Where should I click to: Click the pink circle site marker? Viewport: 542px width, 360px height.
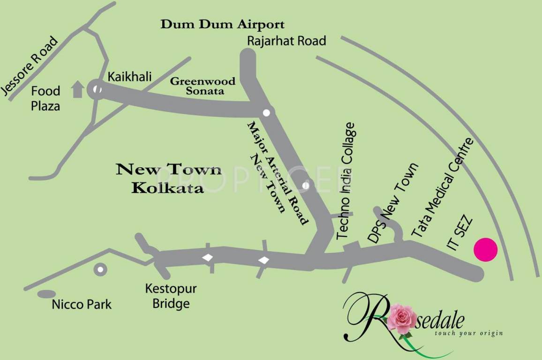coord(485,249)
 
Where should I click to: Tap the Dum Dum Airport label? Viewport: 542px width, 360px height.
coord(223,24)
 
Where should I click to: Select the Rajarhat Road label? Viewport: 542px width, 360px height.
coord(286,41)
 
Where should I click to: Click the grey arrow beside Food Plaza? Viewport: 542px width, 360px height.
coord(77,89)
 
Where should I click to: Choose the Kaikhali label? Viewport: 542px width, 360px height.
coord(130,76)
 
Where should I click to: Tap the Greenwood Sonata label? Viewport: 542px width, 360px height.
coord(203,86)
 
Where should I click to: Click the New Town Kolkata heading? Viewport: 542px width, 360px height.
coord(168,178)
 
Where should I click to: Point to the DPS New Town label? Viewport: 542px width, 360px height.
coord(392,202)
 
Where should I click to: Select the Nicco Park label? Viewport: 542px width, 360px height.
coord(82,304)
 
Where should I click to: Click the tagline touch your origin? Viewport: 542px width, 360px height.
coord(468,333)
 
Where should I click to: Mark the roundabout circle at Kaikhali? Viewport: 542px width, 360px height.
coord(97,89)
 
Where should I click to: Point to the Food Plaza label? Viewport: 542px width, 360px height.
coord(45,98)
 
